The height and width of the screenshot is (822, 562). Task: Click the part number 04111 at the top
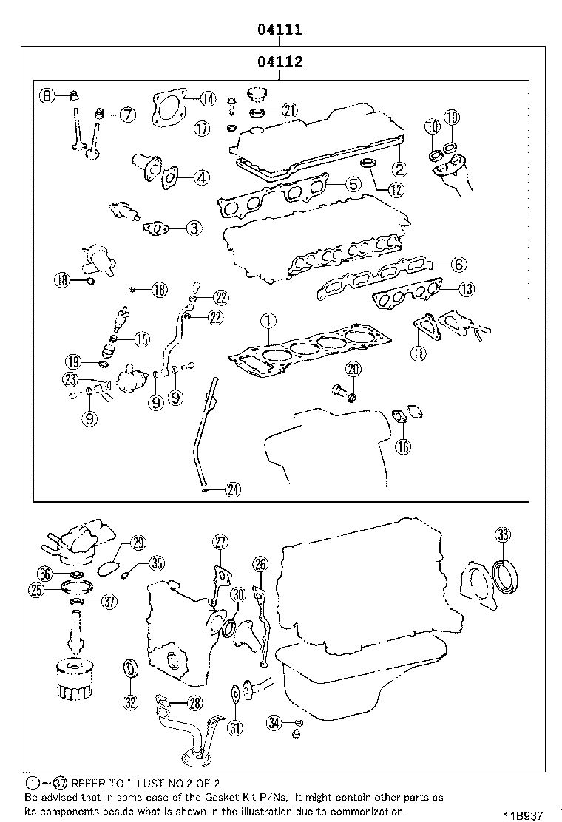pos(280,30)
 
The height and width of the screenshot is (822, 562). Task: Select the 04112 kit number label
pos(280,62)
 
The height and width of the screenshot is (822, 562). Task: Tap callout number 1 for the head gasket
pos(268,321)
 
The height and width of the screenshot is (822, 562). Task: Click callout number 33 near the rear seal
pos(502,534)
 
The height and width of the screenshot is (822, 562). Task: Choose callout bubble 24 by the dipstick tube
pos(232,489)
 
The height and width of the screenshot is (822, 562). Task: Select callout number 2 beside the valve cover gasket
pos(399,168)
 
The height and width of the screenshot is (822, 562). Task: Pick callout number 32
pos(130,702)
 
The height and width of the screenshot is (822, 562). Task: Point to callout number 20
pos(353,369)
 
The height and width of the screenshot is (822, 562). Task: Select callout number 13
pos(465,290)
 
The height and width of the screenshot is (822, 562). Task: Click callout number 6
pos(458,264)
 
